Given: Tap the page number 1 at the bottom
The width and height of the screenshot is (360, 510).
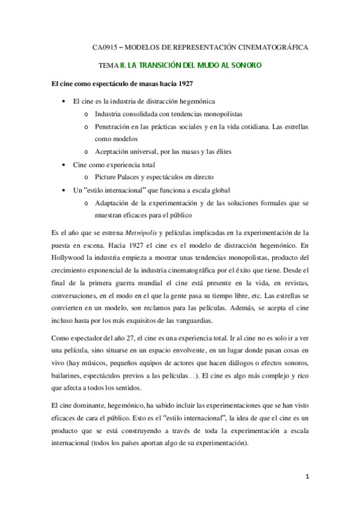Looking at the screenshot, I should click(x=307, y=477).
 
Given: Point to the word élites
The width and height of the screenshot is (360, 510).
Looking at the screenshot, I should click(x=220, y=151).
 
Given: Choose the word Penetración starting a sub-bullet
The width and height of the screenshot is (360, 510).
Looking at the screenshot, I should click(x=114, y=126).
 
